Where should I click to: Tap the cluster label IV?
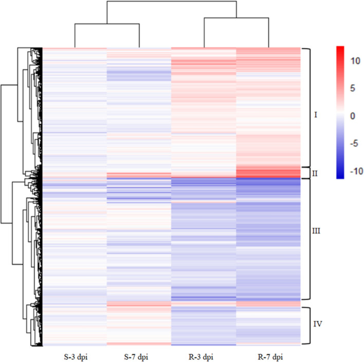tap(317, 323)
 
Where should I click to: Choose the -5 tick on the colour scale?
tap(354, 144)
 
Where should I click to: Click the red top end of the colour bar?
tap(340, 49)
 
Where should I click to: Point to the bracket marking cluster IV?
tap(307, 326)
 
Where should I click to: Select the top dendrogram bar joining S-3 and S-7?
tap(107, 24)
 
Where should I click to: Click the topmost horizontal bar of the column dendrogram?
tap(172, 2)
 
